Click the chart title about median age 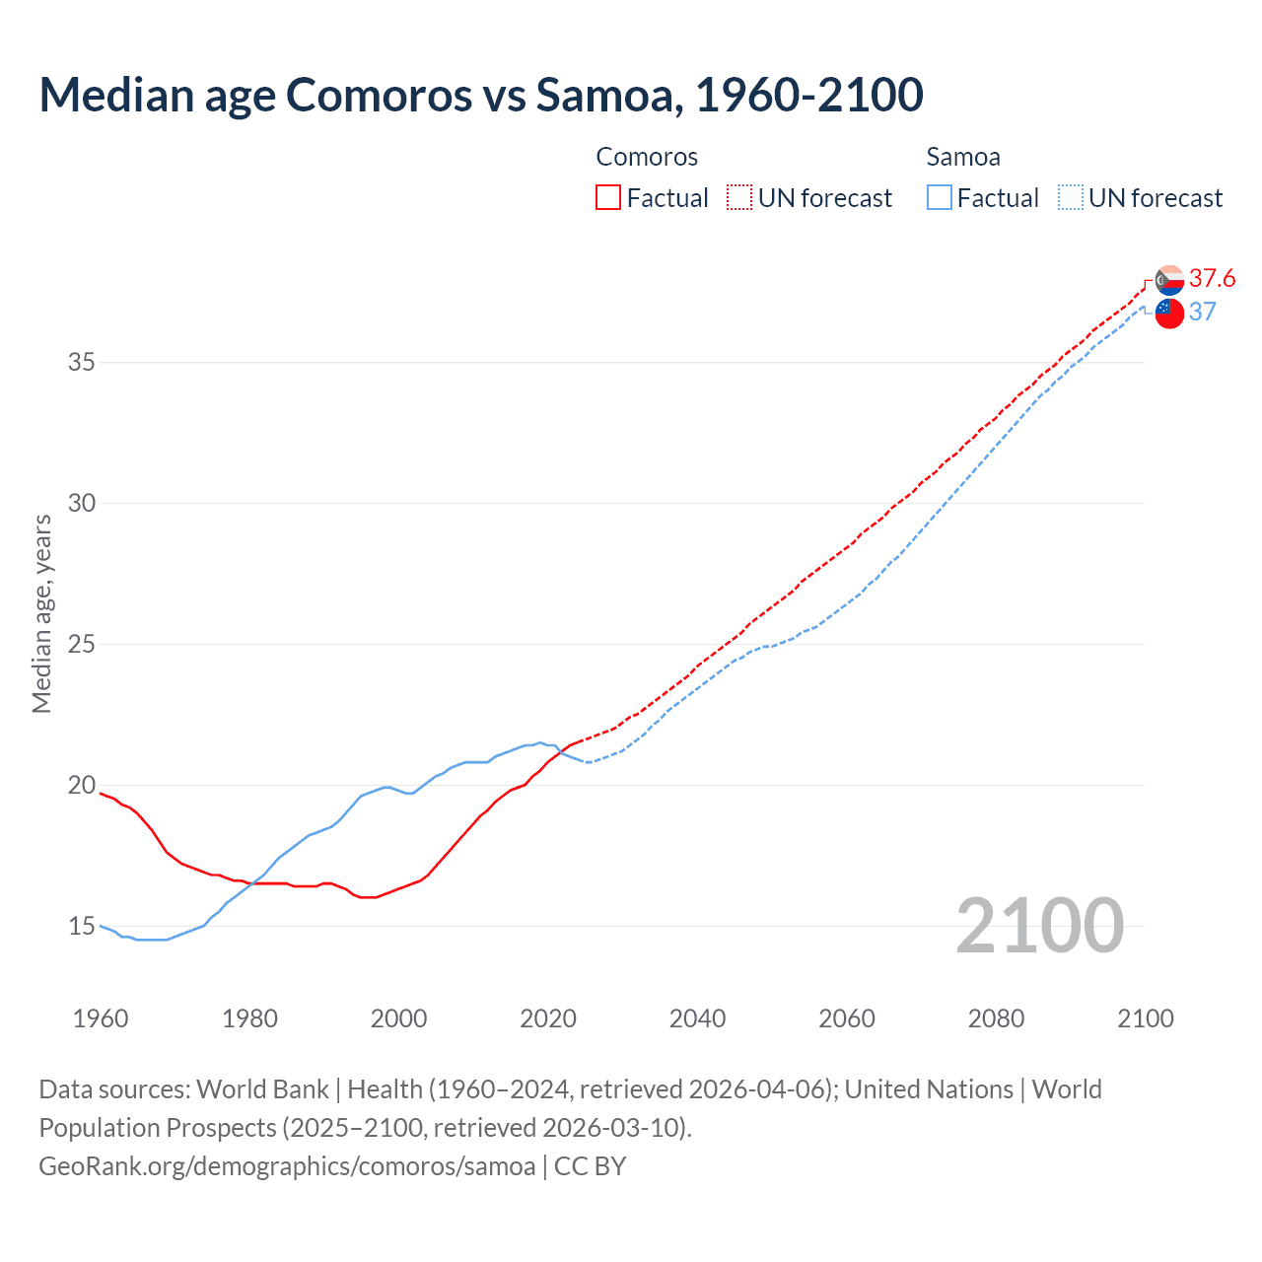[x=481, y=95]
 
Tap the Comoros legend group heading [x=647, y=157]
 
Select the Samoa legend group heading [x=963, y=157]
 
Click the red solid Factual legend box [x=608, y=197]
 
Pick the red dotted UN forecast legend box [x=739, y=197]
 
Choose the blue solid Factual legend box [x=939, y=197]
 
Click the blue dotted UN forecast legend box [x=1070, y=197]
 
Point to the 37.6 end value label [x=1212, y=278]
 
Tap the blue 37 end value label [x=1202, y=312]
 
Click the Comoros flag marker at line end [x=1169, y=280]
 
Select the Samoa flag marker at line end [x=1169, y=314]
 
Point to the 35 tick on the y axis [x=82, y=362]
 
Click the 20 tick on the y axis [x=82, y=785]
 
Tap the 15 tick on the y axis [x=82, y=926]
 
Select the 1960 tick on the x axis [x=101, y=1018]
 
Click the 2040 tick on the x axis [x=697, y=1018]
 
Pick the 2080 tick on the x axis [x=996, y=1018]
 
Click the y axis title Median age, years [x=41, y=613]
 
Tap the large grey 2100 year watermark [x=1039, y=925]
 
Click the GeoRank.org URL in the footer [x=287, y=1166]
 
